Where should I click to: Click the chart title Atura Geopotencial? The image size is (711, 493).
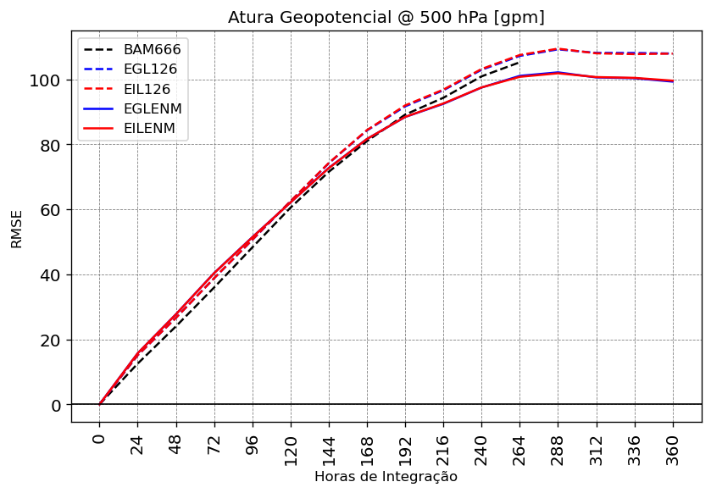(386, 18)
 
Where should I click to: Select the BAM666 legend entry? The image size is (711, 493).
(152, 50)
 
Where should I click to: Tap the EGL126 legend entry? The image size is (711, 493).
(152, 69)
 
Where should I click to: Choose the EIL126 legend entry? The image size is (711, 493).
(152, 89)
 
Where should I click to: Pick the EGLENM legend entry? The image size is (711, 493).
(153, 108)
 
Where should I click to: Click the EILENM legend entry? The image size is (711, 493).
(152, 128)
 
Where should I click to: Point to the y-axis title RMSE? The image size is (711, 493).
(17, 229)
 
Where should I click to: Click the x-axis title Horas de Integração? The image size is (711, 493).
(386, 477)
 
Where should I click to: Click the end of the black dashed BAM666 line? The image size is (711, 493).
(519, 62)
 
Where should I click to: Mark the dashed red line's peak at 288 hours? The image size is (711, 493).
(558, 49)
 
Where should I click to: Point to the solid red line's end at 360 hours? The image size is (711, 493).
(673, 81)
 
